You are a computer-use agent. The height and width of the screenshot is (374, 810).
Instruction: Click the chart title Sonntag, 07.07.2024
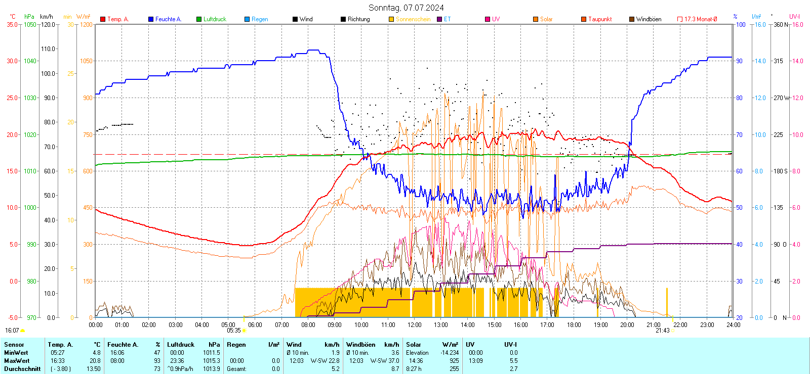[x=406, y=8]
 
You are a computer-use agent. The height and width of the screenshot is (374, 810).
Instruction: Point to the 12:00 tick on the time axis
[x=415, y=324]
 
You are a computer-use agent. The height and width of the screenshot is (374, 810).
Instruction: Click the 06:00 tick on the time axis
[x=255, y=324]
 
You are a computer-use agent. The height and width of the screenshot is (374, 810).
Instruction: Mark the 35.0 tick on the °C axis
[x=12, y=24]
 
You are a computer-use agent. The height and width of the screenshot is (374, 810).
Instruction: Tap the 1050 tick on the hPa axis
[x=30, y=24]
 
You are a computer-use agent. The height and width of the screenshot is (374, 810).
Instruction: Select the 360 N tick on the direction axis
[x=781, y=24]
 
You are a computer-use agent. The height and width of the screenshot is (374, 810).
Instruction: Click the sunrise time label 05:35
[x=234, y=331]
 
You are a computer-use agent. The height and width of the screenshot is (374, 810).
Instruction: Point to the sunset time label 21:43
[x=663, y=331]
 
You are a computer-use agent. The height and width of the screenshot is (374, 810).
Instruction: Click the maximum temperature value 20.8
[x=95, y=361]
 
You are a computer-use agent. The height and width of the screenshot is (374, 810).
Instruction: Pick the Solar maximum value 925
[x=454, y=361]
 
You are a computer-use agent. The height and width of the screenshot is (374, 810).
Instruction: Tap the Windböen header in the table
[x=361, y=345]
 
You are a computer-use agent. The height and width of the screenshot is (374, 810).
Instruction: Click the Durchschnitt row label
[x=22, y=369]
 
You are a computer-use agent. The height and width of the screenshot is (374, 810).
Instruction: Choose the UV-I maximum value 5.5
[x=513, y=361]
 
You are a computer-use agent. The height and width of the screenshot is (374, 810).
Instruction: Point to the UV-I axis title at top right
[x=794, y=17]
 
